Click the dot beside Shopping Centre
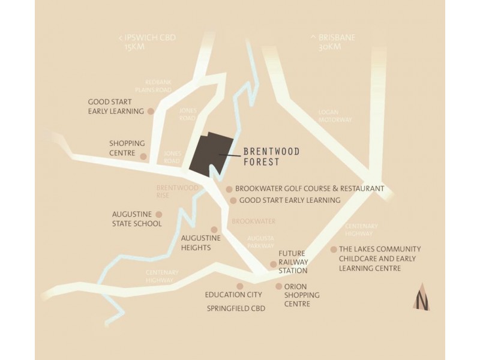[143, 157]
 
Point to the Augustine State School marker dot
[158, 214]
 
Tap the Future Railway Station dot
[273, 264]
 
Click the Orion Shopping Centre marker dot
[278, 287]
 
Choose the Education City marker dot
[240, 287]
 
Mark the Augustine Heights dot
[214, 230]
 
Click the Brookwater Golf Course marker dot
[229, 189]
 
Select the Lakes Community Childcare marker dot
[334, 250]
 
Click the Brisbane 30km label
[333, 42]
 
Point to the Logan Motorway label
[335, 116]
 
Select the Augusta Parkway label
[260, 242]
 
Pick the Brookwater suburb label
[253, 221]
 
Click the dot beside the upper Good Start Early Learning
[151, 111]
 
